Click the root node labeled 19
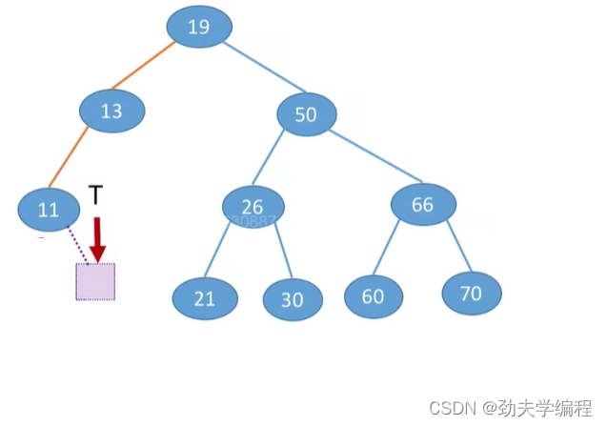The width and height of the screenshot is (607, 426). coord(198,27)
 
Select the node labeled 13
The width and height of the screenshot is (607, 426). coord(111,111)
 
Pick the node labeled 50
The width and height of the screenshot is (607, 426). coord(306,114)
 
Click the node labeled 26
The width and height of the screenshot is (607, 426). coord(253,207)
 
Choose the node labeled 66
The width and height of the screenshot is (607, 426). coord(423,204)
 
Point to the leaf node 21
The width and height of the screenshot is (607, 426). coord(205,298)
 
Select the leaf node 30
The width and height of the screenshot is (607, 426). coord(293,299)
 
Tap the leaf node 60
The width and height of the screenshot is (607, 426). coord(373,296)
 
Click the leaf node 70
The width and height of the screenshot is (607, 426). coord(471,293)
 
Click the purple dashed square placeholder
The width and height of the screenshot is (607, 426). coord(95,281)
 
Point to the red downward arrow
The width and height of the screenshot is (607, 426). coord(97,238)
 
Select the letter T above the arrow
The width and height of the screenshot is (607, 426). coord(95,195)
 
